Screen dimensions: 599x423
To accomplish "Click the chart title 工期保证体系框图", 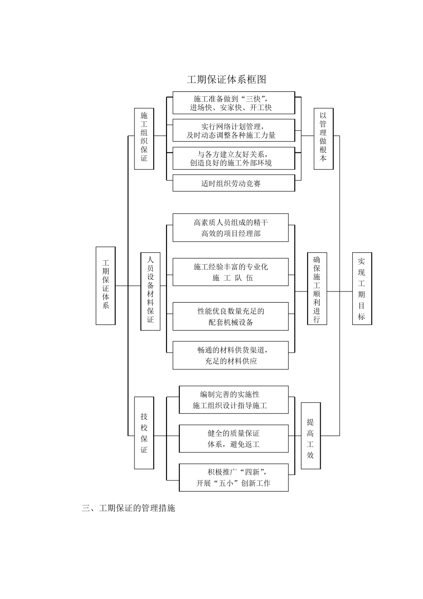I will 226,80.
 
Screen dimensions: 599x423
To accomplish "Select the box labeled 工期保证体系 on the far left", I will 106,285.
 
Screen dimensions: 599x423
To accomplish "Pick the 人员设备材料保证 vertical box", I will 150,291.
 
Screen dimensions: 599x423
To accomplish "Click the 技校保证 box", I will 144,433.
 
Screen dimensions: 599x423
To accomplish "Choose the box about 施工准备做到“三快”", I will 233,103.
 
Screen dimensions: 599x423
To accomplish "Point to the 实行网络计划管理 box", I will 233,131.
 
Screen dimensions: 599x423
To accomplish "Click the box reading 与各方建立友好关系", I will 233,158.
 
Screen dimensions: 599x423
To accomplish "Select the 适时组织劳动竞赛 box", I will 233,183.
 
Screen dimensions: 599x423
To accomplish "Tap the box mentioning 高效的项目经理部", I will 230,228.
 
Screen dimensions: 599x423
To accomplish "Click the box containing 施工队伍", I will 230,272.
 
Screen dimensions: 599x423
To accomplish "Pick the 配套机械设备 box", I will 230,316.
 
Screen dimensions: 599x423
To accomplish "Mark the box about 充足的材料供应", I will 230,355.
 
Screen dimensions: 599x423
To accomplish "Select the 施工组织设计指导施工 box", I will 233,400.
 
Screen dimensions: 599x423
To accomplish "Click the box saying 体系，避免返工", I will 233,439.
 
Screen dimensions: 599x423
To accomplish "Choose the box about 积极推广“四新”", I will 233,477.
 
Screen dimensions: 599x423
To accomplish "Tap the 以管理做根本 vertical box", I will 323,138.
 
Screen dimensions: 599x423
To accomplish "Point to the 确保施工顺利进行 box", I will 317,288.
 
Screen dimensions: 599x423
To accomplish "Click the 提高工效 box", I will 310,435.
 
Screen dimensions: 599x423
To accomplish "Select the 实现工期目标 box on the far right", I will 362,288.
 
